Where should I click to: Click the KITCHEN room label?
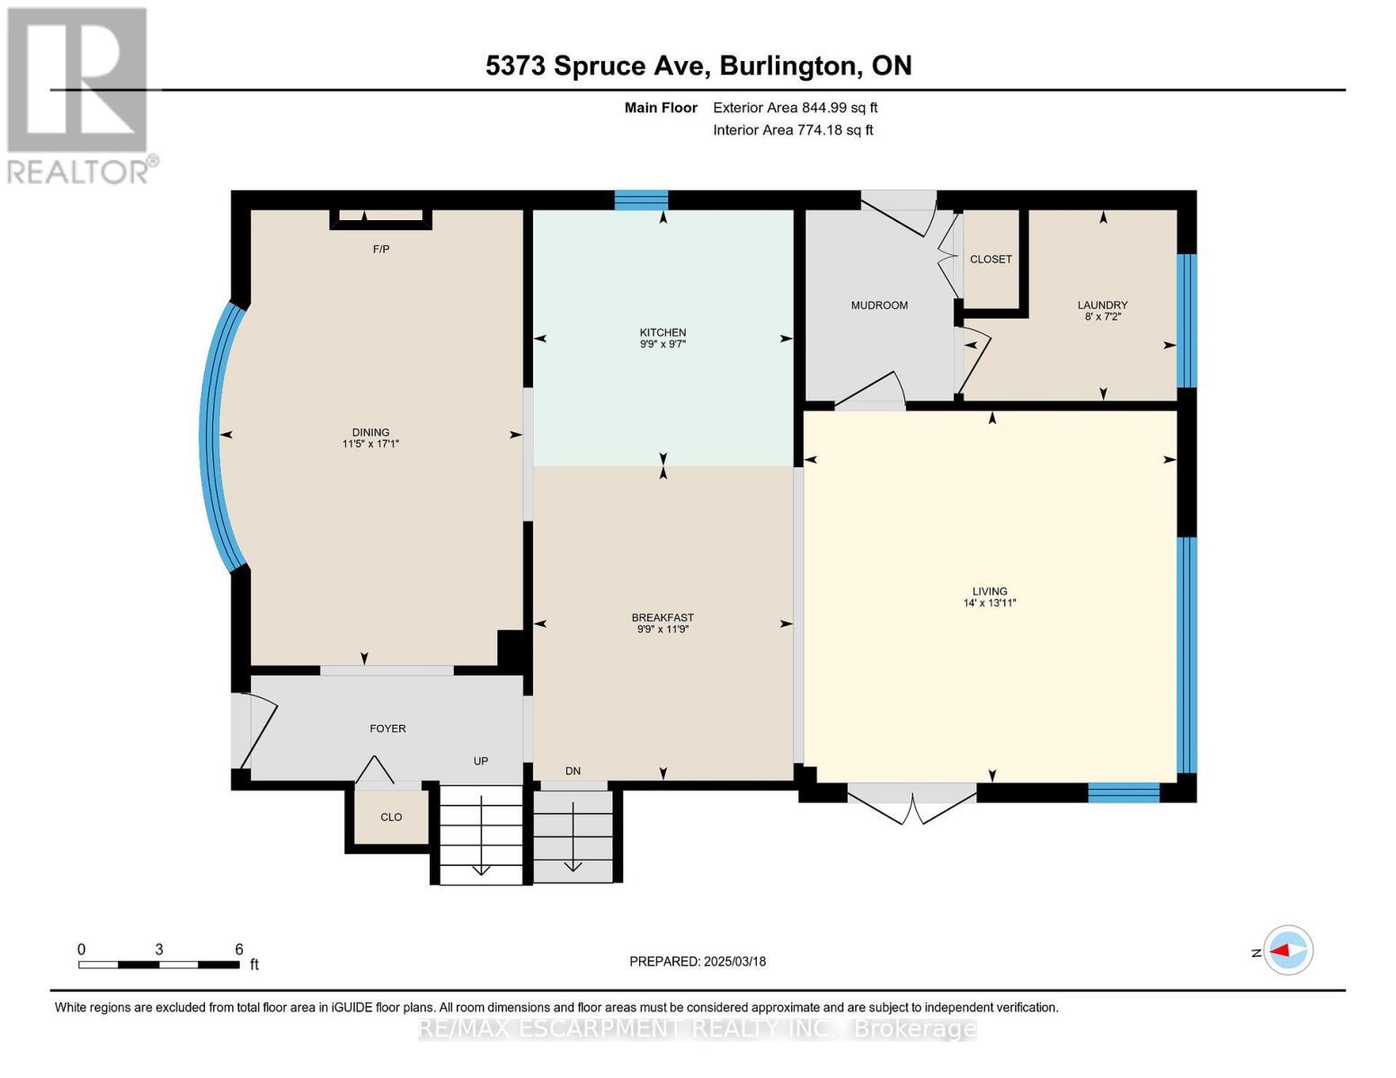[x=662, y=332]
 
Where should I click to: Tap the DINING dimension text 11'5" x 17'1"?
[x=370, y=444]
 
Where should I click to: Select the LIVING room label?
[x=989, y=591]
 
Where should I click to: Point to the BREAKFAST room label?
[x=662, y=618]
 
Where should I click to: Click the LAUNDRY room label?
[x=1102, y=305]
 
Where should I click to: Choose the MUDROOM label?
[x=879, y=305]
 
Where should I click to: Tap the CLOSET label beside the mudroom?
[x=991, y=260]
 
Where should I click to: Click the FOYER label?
[x=387, y=729]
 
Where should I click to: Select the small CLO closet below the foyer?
[x=391, y=817]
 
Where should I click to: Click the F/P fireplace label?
[x=381, y=249]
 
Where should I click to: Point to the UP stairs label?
[x=481, y=761]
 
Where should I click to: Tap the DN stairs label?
[x=573, y=771]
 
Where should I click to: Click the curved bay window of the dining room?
[x=212, y=437]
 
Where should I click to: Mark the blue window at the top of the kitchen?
[x=641, y=199]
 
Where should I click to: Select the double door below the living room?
[x=911, y=801]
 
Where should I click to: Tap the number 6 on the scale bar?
[x=239, y=950]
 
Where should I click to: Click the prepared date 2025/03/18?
[x=734, y=961]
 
